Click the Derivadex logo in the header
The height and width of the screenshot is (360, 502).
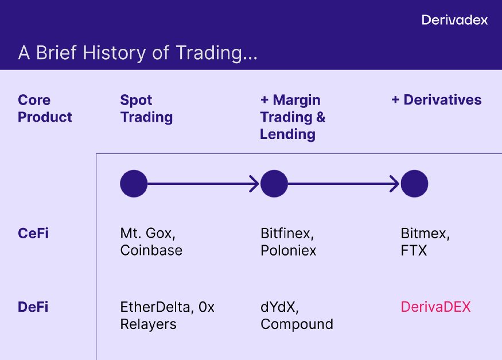point(454,20)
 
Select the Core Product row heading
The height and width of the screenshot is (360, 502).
point(45,109)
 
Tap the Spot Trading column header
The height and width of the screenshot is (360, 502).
point(146,109)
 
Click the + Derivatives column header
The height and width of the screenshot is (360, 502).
point(437,100)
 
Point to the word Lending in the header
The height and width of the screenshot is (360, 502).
point(287,134)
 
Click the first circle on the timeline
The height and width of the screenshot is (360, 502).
point(134,184)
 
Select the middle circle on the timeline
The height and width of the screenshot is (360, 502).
point(274,184)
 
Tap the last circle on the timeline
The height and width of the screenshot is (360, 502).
point(414,184)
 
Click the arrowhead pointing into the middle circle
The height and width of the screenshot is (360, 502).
point(255,184)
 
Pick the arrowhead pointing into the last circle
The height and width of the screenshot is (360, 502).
point(395,184)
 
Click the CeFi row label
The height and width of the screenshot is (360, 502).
point(33,233)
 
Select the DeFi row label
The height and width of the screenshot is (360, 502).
point(33,307)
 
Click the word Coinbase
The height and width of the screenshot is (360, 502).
point(151,250)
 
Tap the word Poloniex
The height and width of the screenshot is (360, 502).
point(288,250)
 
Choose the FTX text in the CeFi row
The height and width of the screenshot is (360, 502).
point(414,250)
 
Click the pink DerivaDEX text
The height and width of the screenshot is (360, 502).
point(435,307)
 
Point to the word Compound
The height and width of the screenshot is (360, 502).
point(297,324)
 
